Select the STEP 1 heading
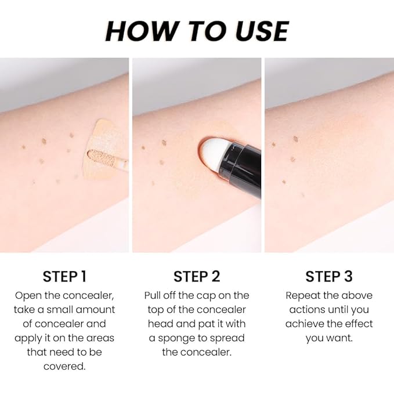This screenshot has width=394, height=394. [64, 276]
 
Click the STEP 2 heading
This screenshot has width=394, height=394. [197, 276]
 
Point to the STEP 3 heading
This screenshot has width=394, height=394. [329, 276]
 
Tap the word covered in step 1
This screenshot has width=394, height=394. [64, 366]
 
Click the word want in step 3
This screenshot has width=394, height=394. [340, 338]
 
